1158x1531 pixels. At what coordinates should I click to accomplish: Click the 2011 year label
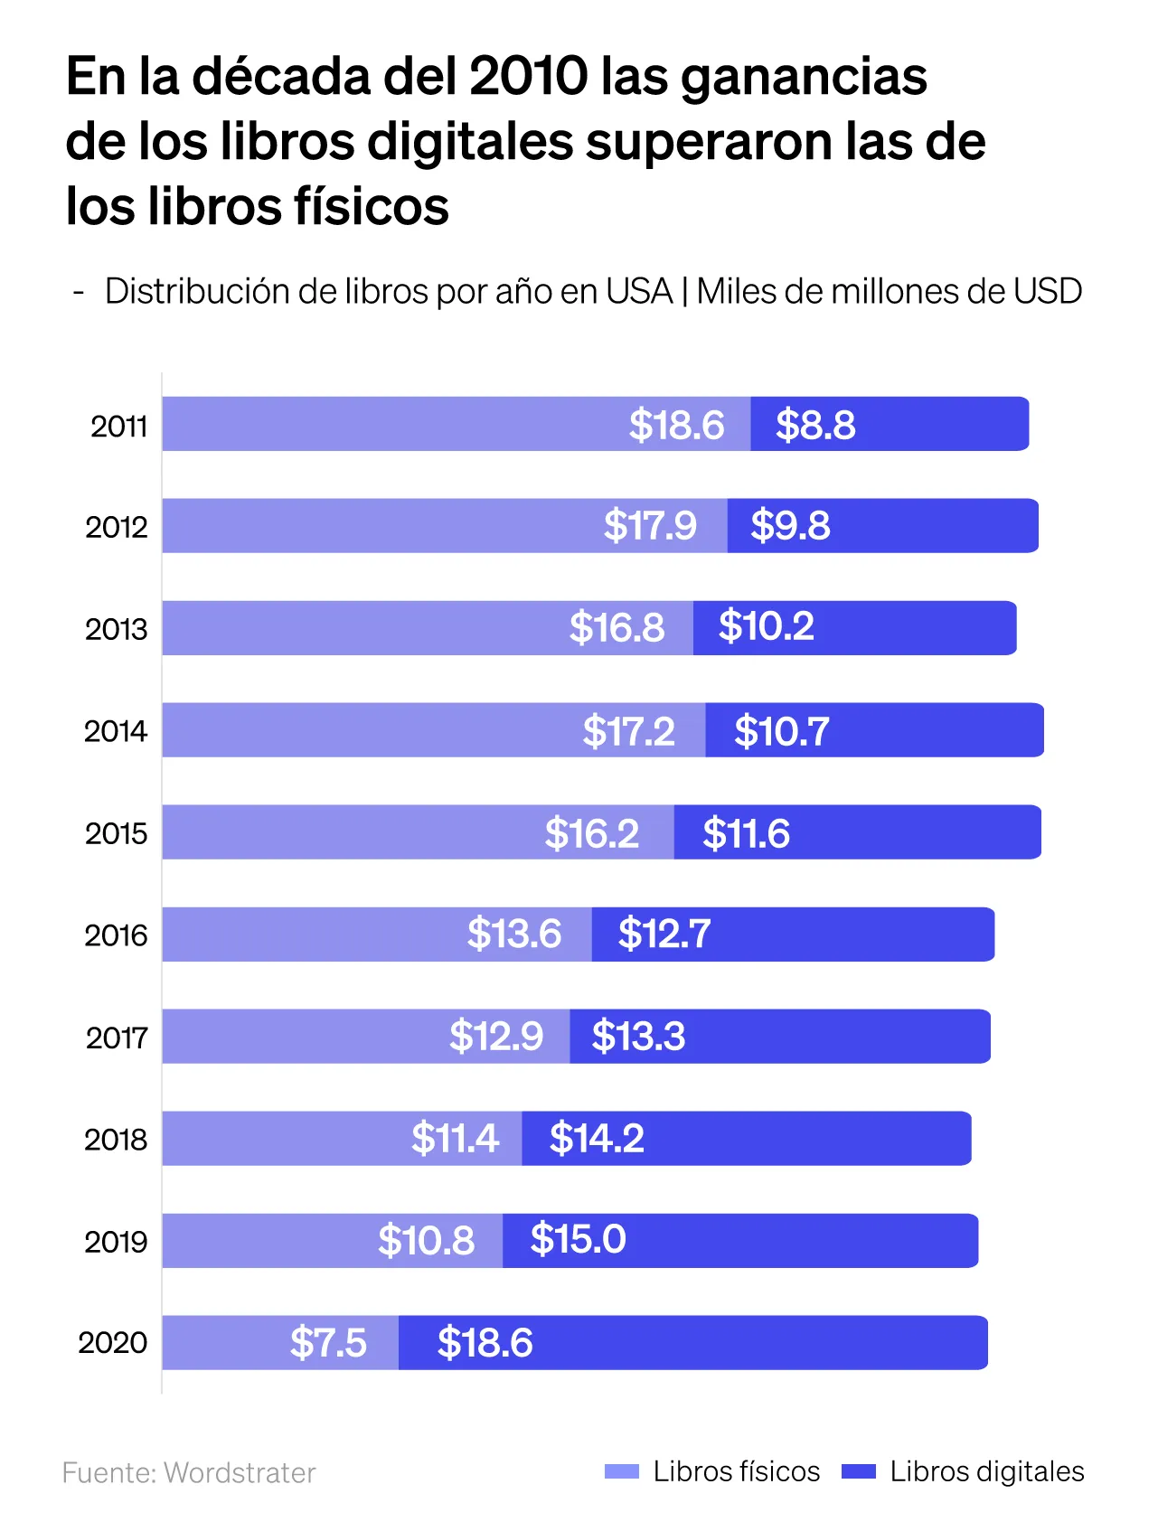118,426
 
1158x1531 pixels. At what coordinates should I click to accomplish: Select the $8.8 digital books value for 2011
815,425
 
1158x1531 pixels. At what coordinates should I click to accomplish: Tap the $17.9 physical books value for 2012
650,525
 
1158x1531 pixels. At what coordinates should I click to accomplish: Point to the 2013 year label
116,628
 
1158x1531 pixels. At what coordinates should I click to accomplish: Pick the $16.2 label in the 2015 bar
591,833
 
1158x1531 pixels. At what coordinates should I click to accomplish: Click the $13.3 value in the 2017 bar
638,1036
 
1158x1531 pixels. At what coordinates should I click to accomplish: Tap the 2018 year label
116,1139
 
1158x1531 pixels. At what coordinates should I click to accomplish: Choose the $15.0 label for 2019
578,1239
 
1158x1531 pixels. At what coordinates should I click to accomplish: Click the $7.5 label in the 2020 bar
328,1342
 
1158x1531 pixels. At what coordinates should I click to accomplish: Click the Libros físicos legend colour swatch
622,1471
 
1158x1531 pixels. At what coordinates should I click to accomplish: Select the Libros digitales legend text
986,1471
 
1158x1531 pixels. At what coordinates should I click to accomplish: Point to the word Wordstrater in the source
240,1473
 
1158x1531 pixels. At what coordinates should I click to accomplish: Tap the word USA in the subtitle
639,291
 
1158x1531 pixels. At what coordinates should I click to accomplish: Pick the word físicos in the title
371,206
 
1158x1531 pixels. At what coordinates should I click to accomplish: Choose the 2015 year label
116,832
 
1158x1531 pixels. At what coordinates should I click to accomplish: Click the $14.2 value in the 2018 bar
597,1138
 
